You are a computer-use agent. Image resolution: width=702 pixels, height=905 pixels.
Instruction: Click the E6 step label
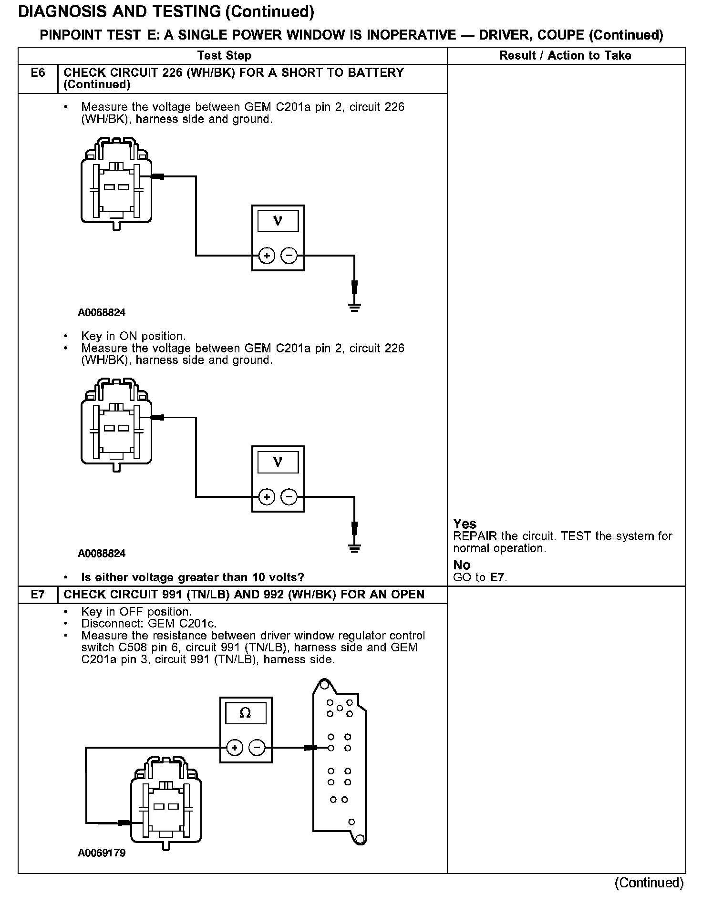38,73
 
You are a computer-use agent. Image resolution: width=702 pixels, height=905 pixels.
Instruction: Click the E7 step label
38,595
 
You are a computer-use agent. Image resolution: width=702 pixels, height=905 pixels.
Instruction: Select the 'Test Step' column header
224,56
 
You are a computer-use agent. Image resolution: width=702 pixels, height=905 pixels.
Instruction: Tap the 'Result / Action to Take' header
565,56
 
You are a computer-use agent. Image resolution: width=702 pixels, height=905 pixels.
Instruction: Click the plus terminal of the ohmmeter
234,748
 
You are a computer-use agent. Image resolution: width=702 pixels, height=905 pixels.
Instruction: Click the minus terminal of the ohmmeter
257,748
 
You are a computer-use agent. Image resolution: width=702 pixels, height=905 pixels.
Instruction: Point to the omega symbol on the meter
245,713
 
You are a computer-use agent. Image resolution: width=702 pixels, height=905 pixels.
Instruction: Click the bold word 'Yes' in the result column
465,524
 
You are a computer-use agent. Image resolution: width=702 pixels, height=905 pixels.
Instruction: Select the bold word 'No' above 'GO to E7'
462,565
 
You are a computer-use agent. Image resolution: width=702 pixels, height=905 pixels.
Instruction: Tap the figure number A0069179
102,853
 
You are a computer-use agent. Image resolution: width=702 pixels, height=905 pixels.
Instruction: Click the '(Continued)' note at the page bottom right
649,883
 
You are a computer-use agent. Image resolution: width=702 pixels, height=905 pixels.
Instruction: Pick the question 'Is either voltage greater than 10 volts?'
193,577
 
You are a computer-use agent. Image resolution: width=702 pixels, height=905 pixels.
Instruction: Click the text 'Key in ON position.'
134,336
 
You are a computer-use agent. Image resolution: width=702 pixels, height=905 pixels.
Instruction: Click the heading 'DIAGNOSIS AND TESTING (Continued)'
166,12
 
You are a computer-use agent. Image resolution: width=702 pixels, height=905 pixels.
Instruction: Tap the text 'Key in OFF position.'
136,612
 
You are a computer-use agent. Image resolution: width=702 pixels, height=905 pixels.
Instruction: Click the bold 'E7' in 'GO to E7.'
498,577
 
